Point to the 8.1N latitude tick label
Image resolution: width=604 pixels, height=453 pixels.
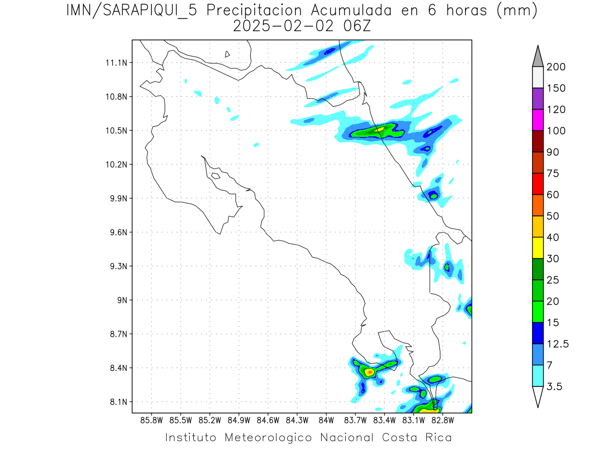116,402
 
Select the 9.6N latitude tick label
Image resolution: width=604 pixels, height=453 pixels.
116,233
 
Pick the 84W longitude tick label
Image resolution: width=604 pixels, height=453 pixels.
326,420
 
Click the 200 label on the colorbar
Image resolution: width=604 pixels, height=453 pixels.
556,67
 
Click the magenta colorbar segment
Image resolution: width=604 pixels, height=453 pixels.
538,120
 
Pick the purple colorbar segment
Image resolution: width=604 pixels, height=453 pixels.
538,99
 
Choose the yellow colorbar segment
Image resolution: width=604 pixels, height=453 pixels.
538,248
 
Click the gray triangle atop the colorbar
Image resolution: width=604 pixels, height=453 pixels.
538,56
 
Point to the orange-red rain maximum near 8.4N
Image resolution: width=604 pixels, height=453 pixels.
370,372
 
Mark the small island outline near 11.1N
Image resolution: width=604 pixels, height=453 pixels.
228,54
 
